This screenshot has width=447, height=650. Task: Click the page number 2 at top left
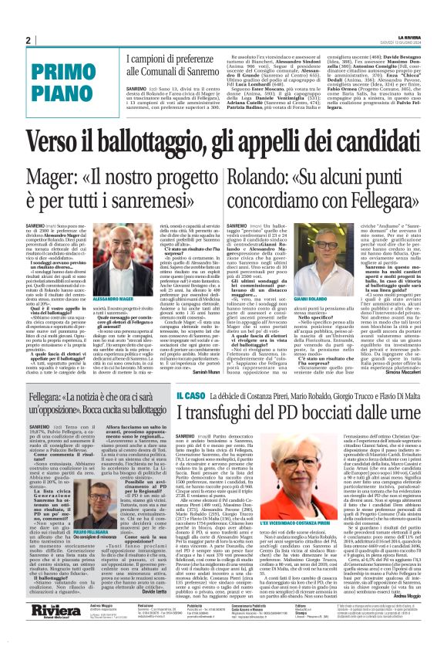point(27,40)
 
